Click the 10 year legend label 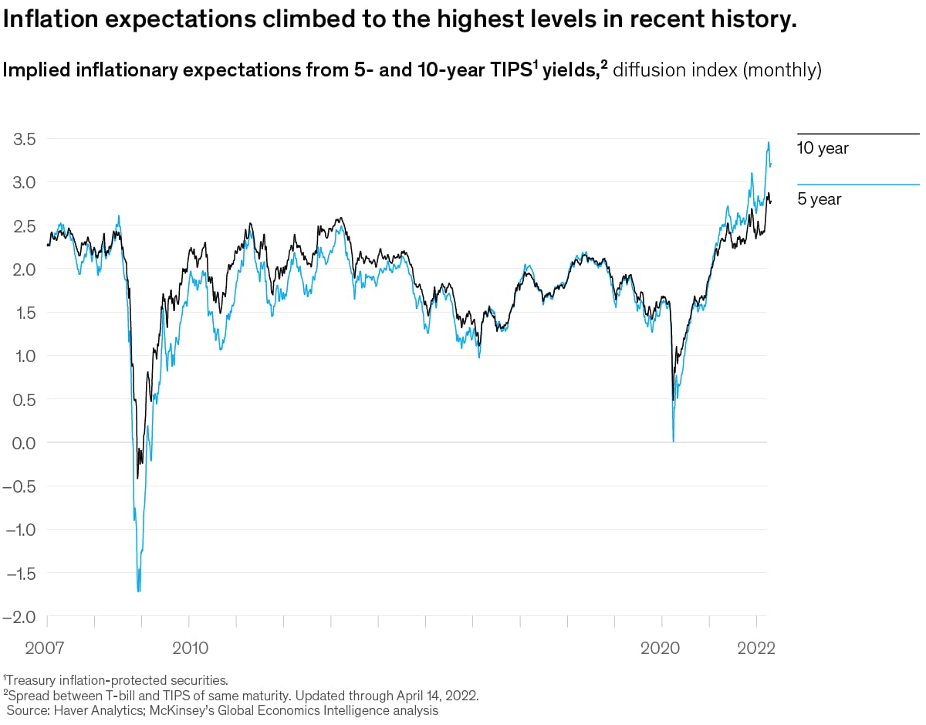pos(823,149)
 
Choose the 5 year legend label pos(819,200)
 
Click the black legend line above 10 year pos(857,134)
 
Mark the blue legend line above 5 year pos(857,185)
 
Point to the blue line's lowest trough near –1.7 pos(139,591)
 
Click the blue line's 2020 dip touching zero pos(673,441)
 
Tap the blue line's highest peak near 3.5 pos(768,142)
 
